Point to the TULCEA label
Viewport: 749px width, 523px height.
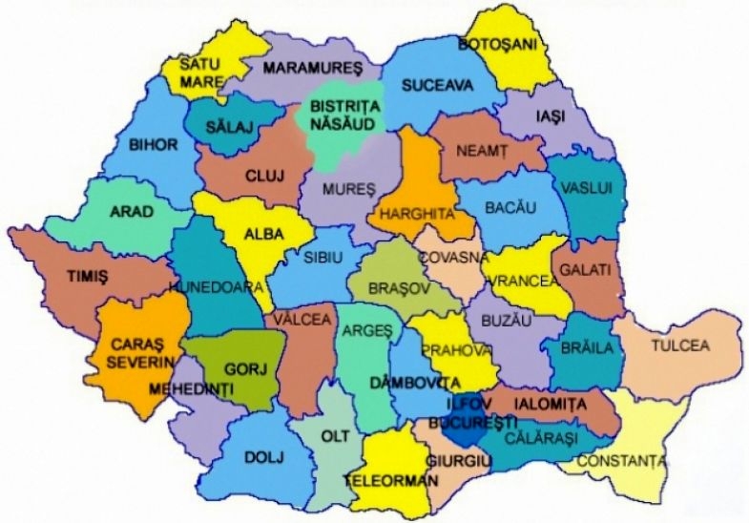(x=680, y=345)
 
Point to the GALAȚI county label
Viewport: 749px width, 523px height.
(x=585, y=270)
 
